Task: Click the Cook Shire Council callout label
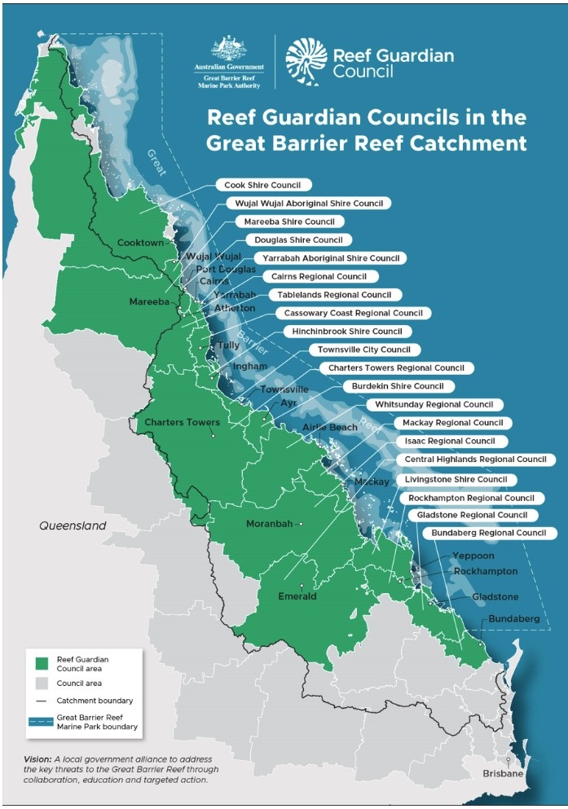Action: coord(262,185)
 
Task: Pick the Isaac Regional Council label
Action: coord(449,441)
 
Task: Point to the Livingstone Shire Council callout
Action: coord(456,479)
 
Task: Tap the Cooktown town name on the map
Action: coord(140,243)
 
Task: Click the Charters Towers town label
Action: coord(182,423)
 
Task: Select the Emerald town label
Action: coord(297,596)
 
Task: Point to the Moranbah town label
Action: coord(271,524)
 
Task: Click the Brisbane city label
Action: coord(502,773)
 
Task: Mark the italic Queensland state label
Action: coord(73,526)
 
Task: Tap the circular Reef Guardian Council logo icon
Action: coord(305,60)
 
